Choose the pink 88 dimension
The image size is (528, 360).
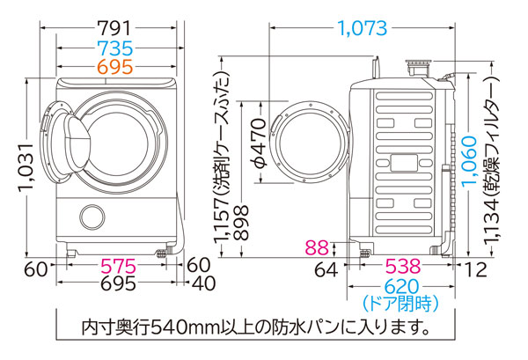[323, 248]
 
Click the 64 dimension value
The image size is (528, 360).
[326, 268]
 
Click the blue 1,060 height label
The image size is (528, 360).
[473, 167]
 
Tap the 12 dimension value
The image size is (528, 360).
[474, 268]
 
